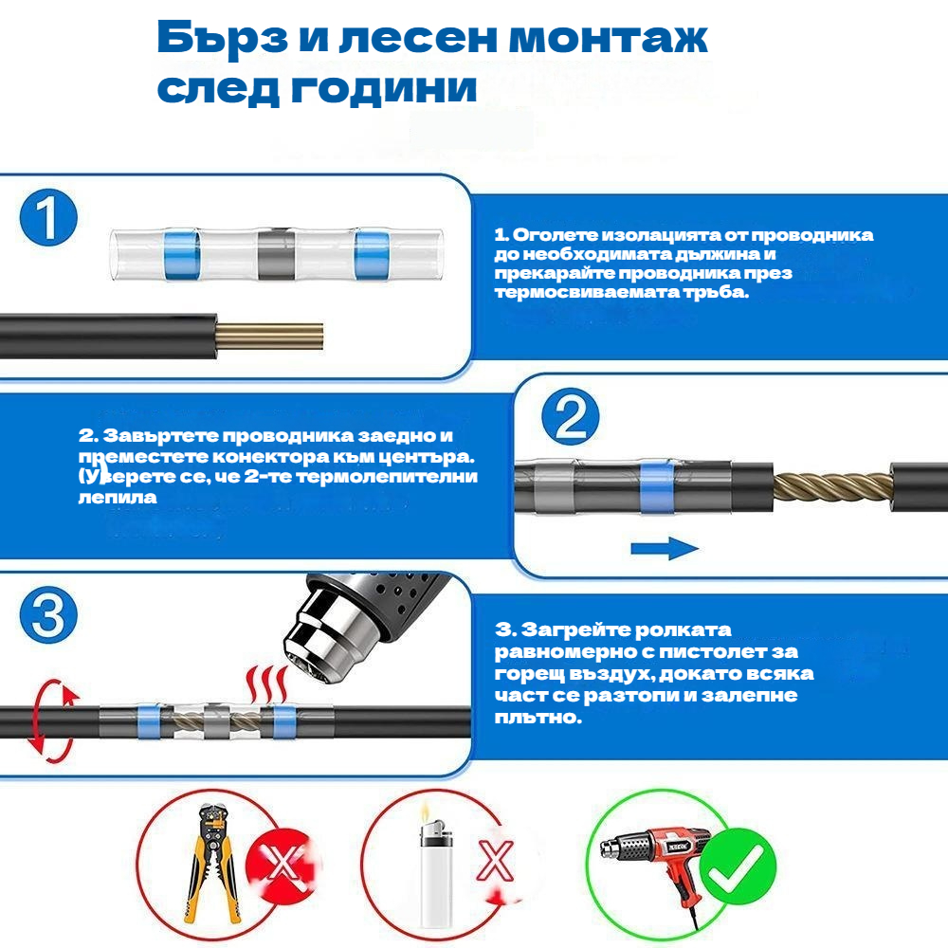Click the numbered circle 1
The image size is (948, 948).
coord(48,218)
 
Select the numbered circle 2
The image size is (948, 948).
coord(570,416)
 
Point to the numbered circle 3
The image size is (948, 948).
coord(48,615)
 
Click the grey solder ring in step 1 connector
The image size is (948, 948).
coord(276,254)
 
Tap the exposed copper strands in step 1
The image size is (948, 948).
coord(269,337)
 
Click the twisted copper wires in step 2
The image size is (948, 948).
coord(832,487)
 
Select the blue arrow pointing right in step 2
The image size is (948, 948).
coord(665,548)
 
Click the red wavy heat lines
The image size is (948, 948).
coord(266,684)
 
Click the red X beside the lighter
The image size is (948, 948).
coord(495,861)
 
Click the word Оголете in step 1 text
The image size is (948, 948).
coord(556,234)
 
